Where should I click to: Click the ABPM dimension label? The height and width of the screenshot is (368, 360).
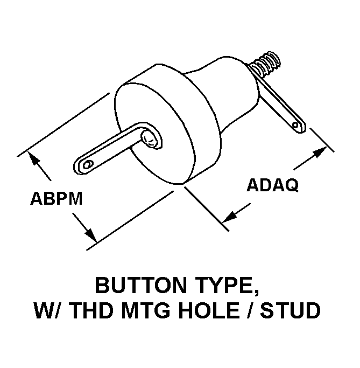pyautogui.click(x=57, y=198)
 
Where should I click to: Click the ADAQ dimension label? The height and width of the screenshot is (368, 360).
pyautogui.click(x=273, y=185)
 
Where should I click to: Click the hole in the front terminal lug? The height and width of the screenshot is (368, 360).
pyautogui.click(x=87, y=164)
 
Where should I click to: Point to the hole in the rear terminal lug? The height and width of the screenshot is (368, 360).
pyautogui.click(x=296, y=125)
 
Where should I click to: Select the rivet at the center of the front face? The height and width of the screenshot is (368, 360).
pyautogui.click(x=150, y=138)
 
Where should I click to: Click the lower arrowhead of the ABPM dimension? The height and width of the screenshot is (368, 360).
pyautogui.click(x=90, y=235)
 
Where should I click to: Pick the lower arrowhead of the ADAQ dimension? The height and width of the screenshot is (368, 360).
pyautogui.click(x=229, y=216)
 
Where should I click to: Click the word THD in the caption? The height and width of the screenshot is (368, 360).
pyautogui.click(x=91, y=310)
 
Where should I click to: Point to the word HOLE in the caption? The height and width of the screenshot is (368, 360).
pyautogui.click(x=210, y=310)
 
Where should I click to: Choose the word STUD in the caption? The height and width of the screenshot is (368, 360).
pyautogui.click(x=290, y=310)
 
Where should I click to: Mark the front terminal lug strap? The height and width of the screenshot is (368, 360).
pyautogui.click(x=112, y=148)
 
